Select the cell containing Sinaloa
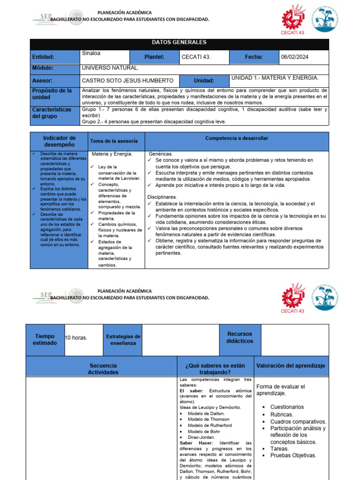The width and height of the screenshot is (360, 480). coord(90,53)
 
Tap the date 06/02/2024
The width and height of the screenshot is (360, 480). coord(294,57)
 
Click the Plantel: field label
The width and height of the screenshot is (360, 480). coord(154,57)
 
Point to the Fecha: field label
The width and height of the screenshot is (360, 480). coord(254,57)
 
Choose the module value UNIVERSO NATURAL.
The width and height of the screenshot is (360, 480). coord(110,68)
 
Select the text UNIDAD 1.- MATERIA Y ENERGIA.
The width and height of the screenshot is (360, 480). coord(275,78)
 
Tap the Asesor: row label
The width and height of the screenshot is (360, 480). coord(42,81)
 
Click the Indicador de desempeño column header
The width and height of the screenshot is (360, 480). coord(59,141)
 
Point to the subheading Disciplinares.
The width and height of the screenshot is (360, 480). coord(162,197)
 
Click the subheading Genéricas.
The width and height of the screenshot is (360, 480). coord(161,154)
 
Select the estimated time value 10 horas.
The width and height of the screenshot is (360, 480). coord(76,338)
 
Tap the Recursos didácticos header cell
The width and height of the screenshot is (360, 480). coord(240,337)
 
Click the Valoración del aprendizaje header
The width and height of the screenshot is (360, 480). coord(291,366)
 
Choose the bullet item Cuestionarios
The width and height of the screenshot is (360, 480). coord(287,407)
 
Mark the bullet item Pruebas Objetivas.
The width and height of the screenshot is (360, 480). coord(293,455)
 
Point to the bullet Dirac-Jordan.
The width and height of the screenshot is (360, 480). coord(202,437)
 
